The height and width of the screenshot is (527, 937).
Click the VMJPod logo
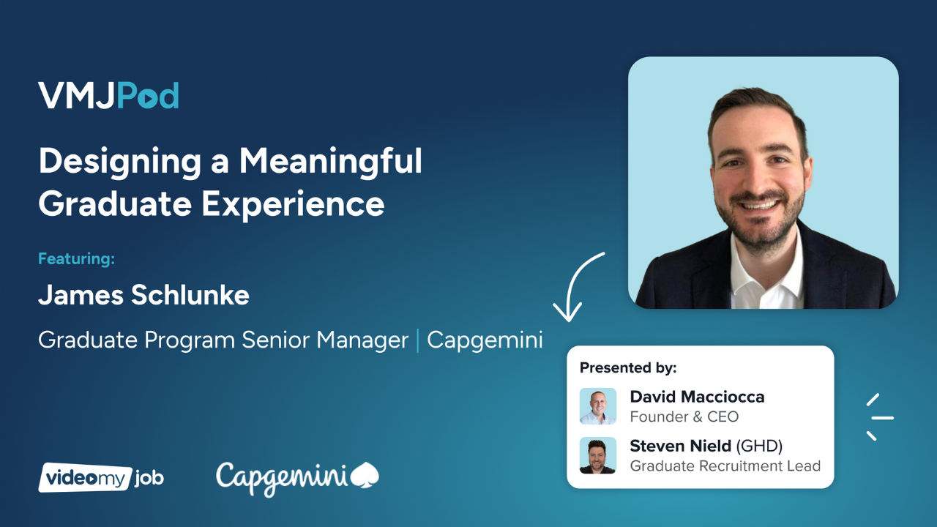(x=108, y=96)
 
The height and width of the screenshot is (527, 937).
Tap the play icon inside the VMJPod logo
(x=148, y=97)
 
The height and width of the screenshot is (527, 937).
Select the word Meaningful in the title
(x=331, y=161)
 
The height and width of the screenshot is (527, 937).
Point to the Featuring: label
(x=77, y=258)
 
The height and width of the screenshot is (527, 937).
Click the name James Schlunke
(x=143, y=295)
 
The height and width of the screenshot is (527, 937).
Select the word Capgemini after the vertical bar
(x=485, y=340)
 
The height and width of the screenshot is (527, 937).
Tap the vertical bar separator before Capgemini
(x=418, y=340)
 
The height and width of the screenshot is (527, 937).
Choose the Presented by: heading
(x=628, y=367)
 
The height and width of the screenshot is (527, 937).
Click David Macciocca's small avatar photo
(x=598, y=406)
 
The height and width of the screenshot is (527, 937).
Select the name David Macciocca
(x=697, y=397)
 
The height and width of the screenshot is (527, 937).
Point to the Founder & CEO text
(x=684, y=417)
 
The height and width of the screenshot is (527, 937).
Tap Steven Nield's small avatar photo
(x=598, y=455)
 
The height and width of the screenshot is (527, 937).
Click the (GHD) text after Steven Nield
(x=760, y=446)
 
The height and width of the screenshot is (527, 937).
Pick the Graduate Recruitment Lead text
(x=725, y=466)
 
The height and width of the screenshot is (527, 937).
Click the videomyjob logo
(x=101, y=478)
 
